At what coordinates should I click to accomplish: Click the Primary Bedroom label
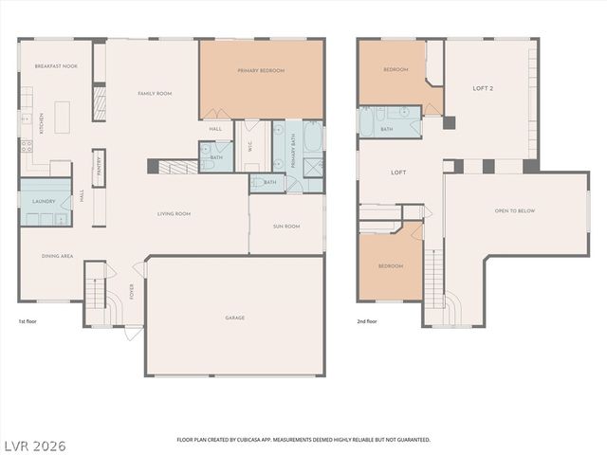pyautogui.click(x=261, y=70)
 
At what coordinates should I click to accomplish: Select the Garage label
pyautogui.click(x=234, y=318)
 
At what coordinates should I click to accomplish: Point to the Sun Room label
pyautogui.click(x=286, y=227)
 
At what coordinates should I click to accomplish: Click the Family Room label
pyautogui.click(x=155, y=93)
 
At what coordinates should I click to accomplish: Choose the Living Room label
pyautogui.click(x=175, y=214)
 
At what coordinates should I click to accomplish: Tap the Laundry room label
pyautogui.click(x=44, y=202)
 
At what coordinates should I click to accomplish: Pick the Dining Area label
pyautogui.click(x=58, y=256)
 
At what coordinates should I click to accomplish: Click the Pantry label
pyautogui.click(x=99, y=168)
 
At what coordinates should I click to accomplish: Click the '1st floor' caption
pyautogui.click(x=28, y=321)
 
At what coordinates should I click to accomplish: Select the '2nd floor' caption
pyautogui.click(x=367, y=321)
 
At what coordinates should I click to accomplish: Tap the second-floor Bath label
pyautogui.click(x=387, y=129)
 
